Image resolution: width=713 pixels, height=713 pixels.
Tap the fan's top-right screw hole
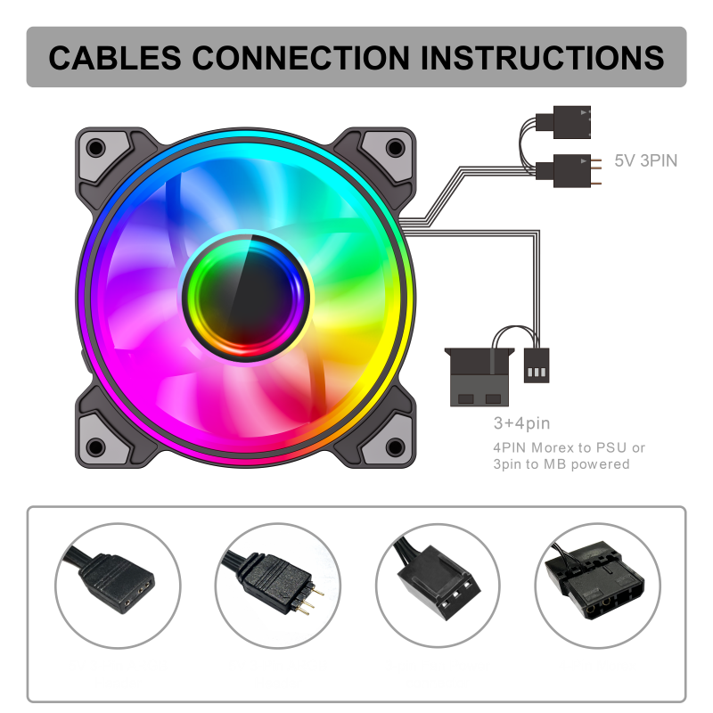coord(392,148)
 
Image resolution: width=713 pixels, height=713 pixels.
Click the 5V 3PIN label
coord(646,161)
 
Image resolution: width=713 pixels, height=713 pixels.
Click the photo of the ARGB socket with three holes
coord(118,584)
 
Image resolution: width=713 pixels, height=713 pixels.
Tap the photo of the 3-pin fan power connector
coord(437,584)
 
